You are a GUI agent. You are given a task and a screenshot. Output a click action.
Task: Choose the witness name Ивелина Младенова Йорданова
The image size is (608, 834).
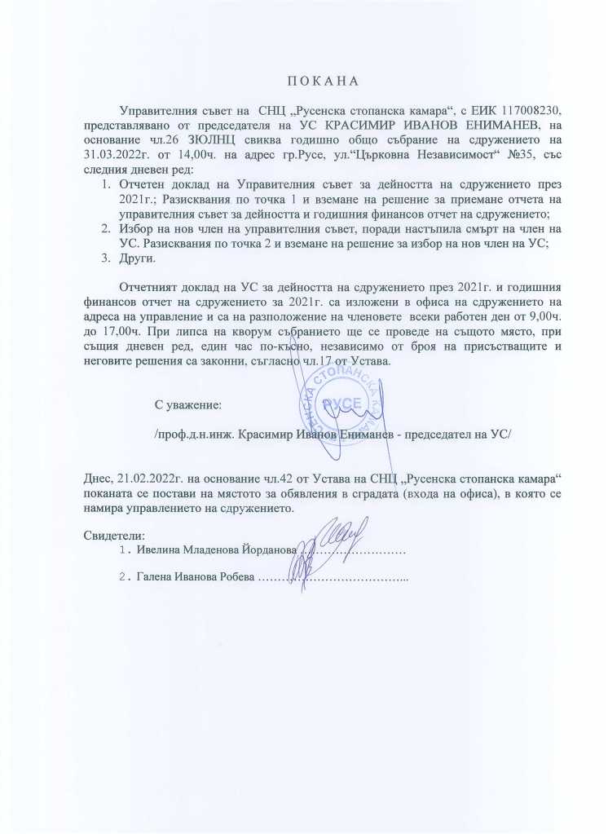pos(215,551)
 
